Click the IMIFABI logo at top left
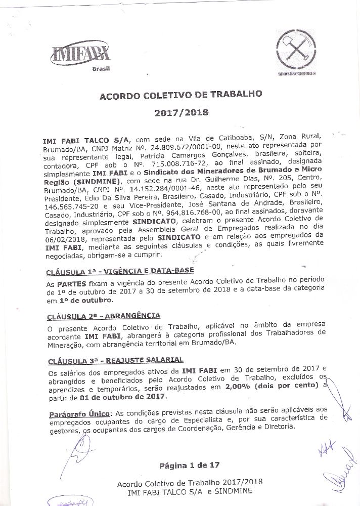(81, 52)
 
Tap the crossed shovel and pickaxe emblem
(297, 49)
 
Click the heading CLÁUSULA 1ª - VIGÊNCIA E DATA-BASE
(110, 270)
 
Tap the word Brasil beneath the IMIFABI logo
(102, 68)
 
